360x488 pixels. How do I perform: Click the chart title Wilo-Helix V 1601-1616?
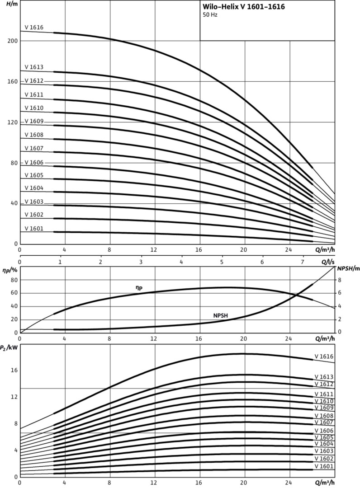tap(244, 7)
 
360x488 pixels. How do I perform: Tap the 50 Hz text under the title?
tap(210, 15)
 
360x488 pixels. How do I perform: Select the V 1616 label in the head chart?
tap(34, 28)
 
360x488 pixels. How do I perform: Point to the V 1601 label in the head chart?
tap(34, 229)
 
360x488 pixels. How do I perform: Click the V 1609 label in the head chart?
tap(34, 121)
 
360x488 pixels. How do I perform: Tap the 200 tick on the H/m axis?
tap(12, 41)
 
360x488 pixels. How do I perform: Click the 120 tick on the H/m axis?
tap(12, 122)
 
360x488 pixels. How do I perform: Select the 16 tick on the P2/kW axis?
tap(14, 370)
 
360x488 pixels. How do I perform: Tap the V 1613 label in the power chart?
tap(324, 377)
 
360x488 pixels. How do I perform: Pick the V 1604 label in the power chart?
tap(324, 444)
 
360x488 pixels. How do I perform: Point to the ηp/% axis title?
tap(9, 270)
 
